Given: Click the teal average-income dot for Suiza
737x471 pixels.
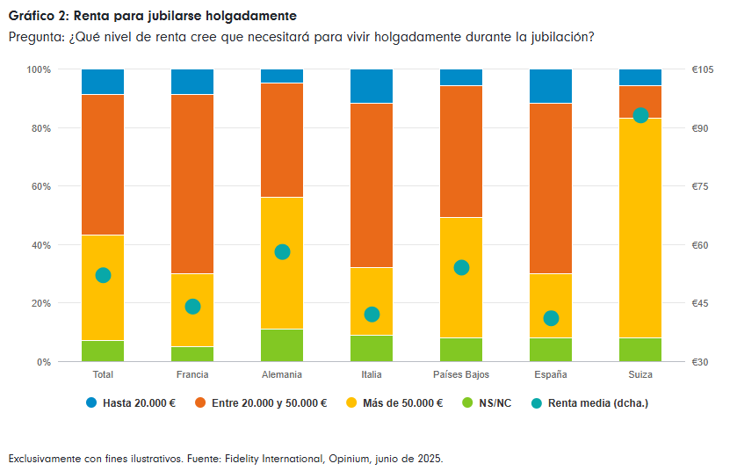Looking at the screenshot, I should (x=640, y=115).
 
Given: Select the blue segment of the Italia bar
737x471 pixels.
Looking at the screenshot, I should (x=372, y=86).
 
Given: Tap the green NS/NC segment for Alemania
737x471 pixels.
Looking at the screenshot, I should (x=282, y=345).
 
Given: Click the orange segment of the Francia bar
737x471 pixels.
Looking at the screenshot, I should (x=192, y=184).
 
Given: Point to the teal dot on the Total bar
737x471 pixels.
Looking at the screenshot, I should (x=103, y=275).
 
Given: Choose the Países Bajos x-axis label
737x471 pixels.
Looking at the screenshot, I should (x=460, y=374).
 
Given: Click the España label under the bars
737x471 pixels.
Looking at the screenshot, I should (x=551, y=374).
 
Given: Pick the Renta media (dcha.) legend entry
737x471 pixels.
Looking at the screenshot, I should (x=597, y=403).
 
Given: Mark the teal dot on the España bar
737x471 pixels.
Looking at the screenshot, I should (x=551, y=318).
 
